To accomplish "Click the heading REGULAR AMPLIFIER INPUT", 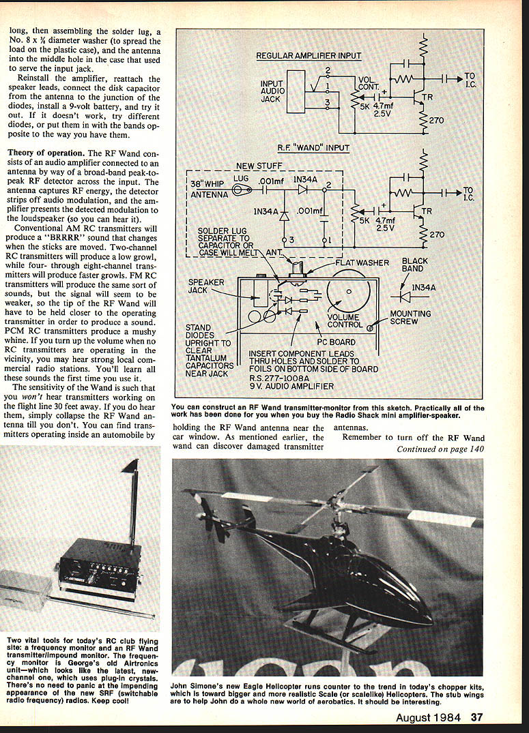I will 309,55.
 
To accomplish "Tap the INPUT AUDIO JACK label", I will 272,91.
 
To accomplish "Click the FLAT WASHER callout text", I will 362,262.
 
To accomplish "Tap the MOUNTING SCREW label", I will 410,318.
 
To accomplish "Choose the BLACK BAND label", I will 415,265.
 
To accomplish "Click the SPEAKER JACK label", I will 207,286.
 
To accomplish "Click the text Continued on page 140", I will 440,449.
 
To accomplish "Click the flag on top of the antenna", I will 130,467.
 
